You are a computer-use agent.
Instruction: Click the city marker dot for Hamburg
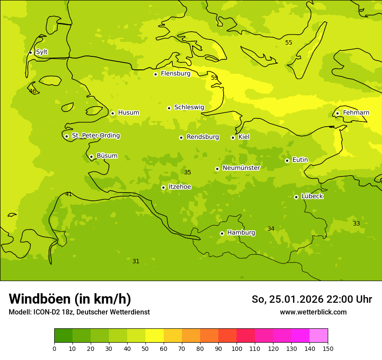(222, 233)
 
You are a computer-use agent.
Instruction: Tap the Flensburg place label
(175, 74)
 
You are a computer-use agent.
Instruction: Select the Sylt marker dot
(30, 52)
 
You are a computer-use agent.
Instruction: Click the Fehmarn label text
(356, 113)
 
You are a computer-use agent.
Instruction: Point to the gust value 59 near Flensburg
(214, 78)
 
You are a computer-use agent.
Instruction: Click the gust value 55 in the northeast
(289, 43)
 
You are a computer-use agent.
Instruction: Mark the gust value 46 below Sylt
(33, 91)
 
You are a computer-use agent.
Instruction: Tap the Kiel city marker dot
(233, 137)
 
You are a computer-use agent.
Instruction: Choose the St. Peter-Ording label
(95, 136)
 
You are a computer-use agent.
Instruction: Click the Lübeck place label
(312, 196)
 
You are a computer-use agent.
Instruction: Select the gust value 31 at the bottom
(136, 261)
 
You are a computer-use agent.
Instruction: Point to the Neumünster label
(241, 168)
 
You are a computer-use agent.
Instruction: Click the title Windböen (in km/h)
(70, 299)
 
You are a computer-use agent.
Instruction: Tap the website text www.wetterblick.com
(313, 312)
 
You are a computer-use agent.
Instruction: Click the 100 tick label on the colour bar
(237, 348)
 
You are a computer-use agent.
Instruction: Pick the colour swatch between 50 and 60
(155, 336)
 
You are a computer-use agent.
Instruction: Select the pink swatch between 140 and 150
(319, 336)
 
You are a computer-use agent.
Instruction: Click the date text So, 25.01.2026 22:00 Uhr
(312, 299)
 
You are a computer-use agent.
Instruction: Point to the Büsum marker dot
(91, 157)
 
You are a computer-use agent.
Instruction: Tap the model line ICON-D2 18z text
(79, 312)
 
